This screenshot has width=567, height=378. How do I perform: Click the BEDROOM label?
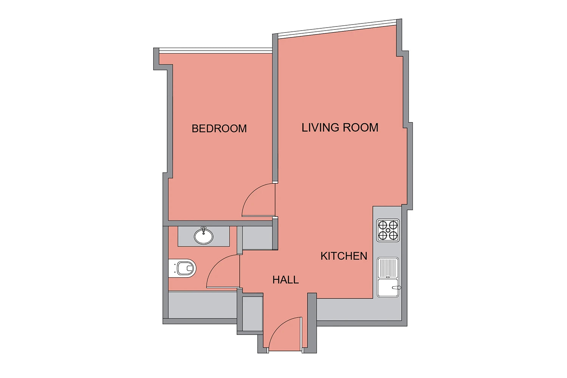(219, 129)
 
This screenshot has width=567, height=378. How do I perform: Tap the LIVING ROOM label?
(340, 127)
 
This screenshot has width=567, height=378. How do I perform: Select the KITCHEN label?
(344, 256)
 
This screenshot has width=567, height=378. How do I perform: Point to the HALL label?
(285, 280)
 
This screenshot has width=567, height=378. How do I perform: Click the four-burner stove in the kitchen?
(388, 231)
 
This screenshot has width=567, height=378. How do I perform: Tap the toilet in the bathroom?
(183, 268)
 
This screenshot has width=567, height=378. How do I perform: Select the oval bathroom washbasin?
(203, 236)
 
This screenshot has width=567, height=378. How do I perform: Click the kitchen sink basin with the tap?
(388, 288)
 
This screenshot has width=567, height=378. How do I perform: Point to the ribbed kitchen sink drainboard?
(388, 268)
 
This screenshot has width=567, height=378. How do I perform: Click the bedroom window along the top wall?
(216, 50)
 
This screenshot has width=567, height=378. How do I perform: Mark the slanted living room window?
(337, 29)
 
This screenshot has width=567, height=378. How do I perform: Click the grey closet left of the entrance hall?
(253, 314)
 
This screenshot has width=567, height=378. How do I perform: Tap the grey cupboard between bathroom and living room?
(257, 238)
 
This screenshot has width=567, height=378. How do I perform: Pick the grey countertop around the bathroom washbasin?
(203, 236)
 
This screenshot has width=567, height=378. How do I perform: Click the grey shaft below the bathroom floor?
(203, 305)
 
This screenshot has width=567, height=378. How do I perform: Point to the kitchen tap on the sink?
(397, 288)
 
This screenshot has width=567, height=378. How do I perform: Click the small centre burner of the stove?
(388, 231)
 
